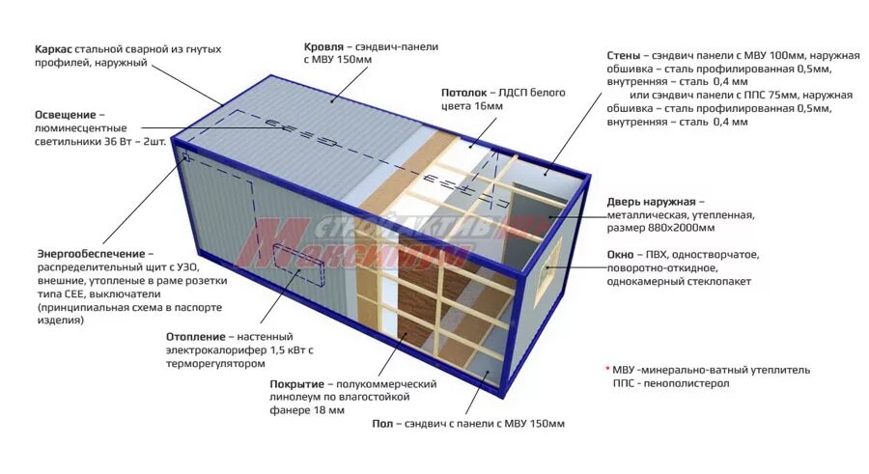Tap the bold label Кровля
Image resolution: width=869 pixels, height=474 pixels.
pyautogui.click(x=326, y=46)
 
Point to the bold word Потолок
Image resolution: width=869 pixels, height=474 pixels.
pyautogui.click(x=465, y=93)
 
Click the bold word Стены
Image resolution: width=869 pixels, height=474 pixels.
pyautogui.click(x=625, y=56)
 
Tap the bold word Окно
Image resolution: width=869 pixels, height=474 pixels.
pyautogui.click(x=621, y=255)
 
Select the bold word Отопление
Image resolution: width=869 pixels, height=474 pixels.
pyautogui.click(x=200, y=337)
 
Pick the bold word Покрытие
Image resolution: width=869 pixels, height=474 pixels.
pyautogui.click(x=295, y=384)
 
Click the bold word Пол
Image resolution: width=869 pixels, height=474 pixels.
pyautogui.click(x=382, y=424)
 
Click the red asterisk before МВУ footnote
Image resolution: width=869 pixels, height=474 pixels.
pyautogui.click(x=608, y=370)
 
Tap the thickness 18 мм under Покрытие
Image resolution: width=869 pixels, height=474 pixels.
pyautogui.click(x=329, y=410)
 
